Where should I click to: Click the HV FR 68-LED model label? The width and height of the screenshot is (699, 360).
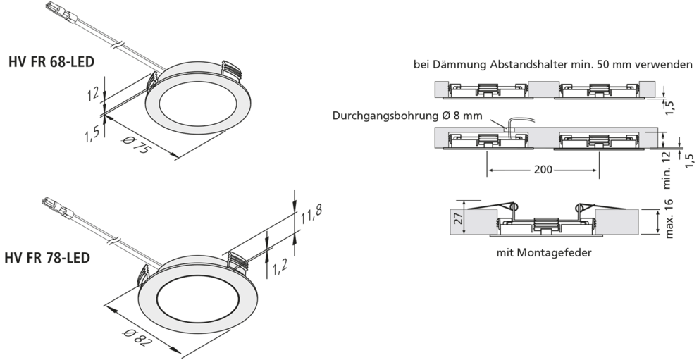coord(51,61)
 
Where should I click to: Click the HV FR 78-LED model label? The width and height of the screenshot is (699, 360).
coord(47,258)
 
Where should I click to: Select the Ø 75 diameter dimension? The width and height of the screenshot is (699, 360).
coord(135,144)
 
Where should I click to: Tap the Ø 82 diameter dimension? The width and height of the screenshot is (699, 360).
coord(139,337)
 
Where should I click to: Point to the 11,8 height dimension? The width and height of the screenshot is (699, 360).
coord(311,215)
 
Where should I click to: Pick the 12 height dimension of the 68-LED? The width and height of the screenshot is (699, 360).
coord(93,94)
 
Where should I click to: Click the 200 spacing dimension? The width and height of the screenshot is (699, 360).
coord(543,170)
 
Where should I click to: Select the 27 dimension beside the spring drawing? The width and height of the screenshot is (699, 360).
coord(457,218)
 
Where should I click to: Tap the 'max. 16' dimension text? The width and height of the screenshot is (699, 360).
coord(669,218)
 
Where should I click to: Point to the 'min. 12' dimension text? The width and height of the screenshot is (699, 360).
coord(668,170)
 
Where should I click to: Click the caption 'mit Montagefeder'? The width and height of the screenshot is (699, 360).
coord(544,253)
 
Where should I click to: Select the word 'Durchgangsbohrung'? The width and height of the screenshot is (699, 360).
coord(385,116)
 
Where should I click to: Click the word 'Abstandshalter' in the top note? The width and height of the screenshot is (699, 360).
coord(520,65)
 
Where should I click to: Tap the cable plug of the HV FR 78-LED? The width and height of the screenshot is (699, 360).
coord(56,207)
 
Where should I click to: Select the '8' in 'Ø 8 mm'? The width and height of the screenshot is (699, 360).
coord(456,116)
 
